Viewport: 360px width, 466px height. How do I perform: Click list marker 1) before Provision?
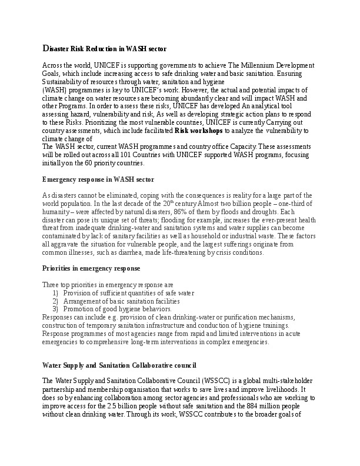tap(56, 292)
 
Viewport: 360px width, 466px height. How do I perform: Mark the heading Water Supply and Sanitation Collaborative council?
tap(115, 365)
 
